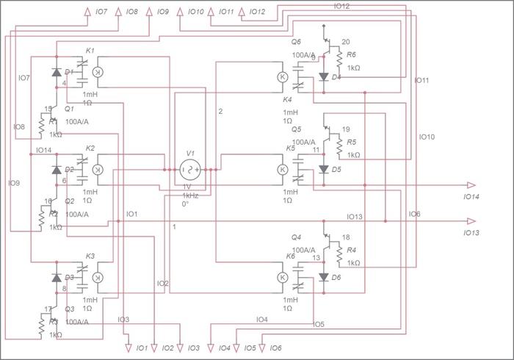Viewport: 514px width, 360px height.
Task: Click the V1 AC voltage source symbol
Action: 190,170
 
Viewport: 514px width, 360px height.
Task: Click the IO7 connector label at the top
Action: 101,12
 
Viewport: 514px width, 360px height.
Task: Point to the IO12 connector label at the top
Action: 257,12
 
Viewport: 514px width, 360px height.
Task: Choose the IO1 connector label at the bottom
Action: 142,348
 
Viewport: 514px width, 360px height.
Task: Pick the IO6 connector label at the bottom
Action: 276,348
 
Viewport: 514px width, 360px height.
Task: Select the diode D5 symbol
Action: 324,169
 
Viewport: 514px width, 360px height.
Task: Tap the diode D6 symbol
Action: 324,277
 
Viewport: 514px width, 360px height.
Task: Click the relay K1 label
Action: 90,50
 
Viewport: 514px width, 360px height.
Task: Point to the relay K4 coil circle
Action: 283,76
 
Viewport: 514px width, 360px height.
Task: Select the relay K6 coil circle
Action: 283,277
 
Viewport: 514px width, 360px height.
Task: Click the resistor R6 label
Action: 352,55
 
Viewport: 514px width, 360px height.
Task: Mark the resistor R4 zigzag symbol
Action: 339,254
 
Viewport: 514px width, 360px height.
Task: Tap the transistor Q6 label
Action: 297,43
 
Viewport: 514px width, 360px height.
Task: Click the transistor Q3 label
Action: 70,309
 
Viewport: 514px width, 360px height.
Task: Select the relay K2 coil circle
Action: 98,170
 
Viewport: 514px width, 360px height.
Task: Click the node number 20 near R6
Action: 346,41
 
